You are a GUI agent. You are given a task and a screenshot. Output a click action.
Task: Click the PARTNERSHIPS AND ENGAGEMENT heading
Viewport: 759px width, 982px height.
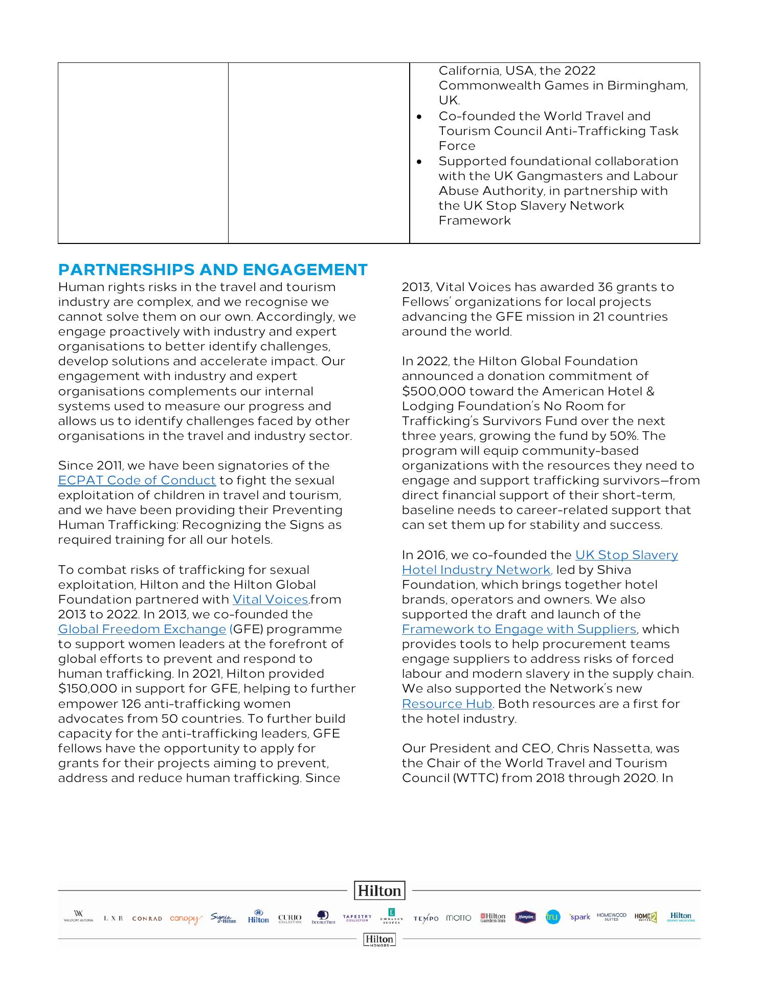(x=213, y=270)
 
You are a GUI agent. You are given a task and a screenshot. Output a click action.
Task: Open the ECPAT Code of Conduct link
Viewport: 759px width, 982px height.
(x=137, y=480)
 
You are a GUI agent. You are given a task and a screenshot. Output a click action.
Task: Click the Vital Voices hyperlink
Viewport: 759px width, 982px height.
(x=270, y=599)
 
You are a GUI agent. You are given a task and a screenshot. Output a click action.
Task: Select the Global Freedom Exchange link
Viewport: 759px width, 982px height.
(x=142, y=629)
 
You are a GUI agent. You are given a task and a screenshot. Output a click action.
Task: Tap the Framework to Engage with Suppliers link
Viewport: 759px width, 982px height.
(x=519, y=629)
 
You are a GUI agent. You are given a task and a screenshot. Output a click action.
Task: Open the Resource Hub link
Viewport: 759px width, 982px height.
(x=447, y=704)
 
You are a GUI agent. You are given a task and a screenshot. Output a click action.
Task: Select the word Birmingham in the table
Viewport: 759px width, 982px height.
(x=646, y=85)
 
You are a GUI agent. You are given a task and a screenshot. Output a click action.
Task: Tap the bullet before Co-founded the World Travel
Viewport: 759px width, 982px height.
(x=419, y=117)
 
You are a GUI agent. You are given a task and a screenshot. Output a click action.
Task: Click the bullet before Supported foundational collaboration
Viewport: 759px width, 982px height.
(x=419, y=162)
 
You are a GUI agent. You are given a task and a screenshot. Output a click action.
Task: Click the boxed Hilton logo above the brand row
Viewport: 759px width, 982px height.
(x=379, y=890)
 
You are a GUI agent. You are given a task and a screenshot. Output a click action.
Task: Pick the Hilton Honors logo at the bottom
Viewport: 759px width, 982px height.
(x=379, y=940)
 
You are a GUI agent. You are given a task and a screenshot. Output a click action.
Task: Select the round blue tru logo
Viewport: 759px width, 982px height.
(x=552, y=917)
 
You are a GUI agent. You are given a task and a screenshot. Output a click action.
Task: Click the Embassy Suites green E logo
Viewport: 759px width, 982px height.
(x=391, y=916)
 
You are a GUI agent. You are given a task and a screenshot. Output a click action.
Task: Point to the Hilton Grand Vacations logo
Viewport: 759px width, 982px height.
(x=681, y=917)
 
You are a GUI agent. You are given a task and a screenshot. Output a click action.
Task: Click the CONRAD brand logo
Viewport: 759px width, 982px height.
(x=147, y=919)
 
